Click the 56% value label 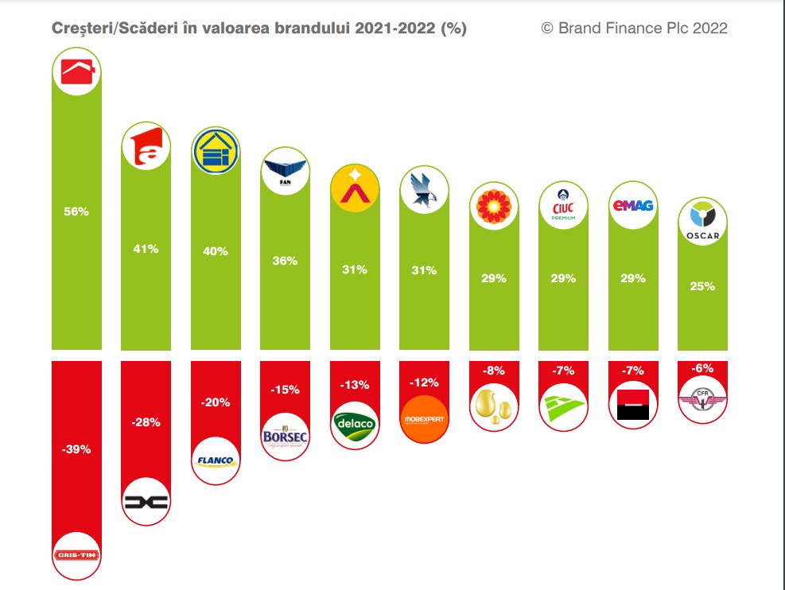[x=77, y=212]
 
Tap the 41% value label [x=146, y=249]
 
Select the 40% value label [x=216, y=251]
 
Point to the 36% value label [x=285, y=261]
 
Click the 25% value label [x=702, y=286]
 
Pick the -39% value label [x=77, y=449]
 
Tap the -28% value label [x=146, y=422]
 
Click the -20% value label [x=216, y=402]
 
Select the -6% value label [x=702, y=369]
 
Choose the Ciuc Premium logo [x=563, y=206]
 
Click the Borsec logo [x=285, y=434]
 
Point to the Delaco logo [x=354, y=425]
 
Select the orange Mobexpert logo [x=424, y=418]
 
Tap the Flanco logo [x=216, y=460]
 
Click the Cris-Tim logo [x=77, y=554]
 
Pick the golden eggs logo [x=493, y=406]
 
